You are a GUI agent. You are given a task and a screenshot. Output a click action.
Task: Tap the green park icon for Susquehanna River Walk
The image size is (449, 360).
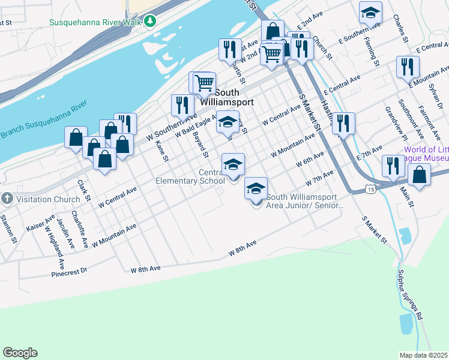coord(151,22)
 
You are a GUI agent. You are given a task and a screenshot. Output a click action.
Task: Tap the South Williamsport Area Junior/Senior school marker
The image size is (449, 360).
coord(256,189)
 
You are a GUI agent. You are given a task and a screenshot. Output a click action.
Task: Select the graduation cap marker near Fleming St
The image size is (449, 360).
coord(371,13)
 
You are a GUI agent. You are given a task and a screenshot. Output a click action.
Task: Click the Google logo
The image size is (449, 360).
coord(20,352)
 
